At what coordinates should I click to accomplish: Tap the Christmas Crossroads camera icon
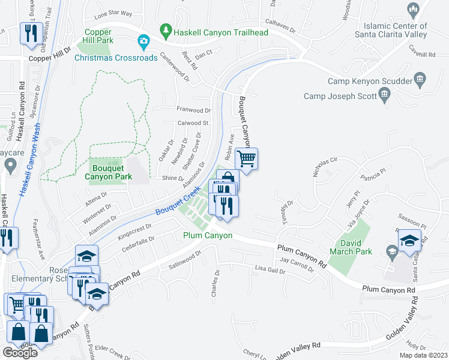pos(143,42)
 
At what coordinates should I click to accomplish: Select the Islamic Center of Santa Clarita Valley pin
pos(412,10)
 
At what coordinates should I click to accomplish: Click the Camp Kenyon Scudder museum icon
pos(420,80)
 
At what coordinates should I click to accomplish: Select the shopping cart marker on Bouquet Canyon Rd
pos(246,159)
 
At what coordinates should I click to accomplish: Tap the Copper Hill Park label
pos(98,36)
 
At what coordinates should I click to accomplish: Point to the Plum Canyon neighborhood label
pos(208,235)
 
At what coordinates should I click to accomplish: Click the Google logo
pos(20,353)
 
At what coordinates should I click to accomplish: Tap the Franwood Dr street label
pos(193,110)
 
